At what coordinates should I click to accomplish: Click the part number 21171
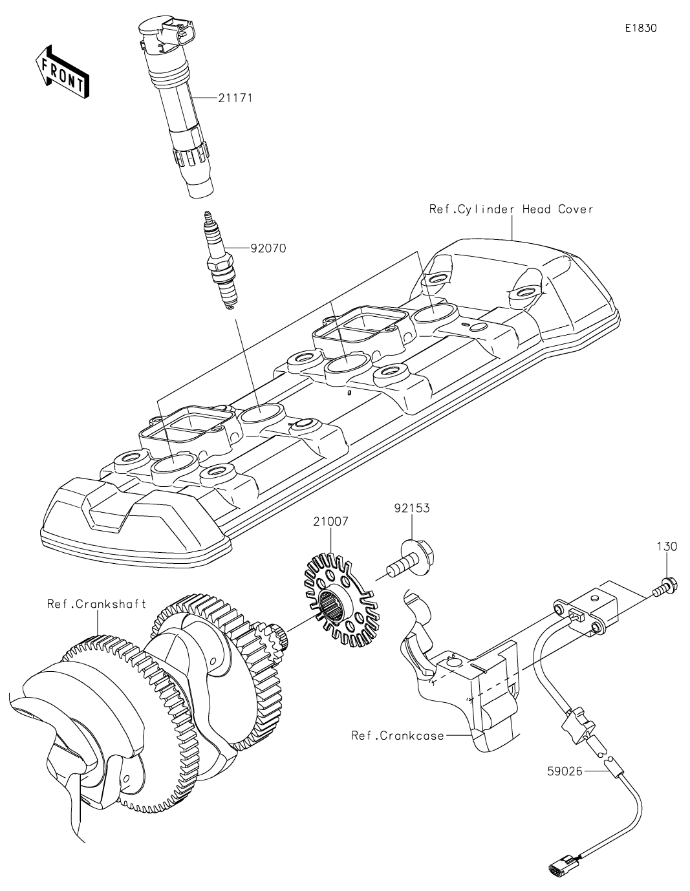234,98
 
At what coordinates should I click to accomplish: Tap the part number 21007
330,521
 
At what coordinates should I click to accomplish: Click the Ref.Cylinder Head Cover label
511,209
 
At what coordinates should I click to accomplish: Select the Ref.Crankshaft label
96,604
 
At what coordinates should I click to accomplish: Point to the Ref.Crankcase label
398,735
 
